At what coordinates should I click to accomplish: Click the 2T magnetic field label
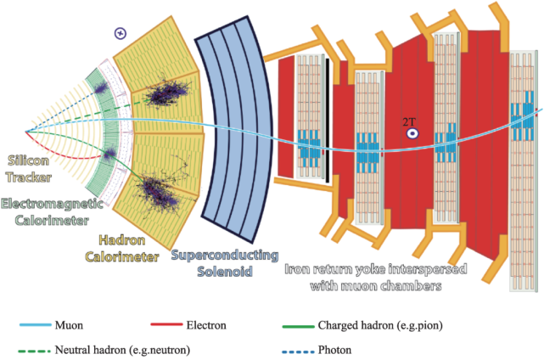click(409, 122)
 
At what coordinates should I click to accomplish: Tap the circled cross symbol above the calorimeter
click(121, 33)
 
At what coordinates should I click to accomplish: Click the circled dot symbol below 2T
click(412, 133)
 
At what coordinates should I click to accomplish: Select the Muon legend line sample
click(36, 325)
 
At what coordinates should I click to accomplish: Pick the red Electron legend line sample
click(166, 324)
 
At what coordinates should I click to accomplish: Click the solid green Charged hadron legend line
click(299, 326)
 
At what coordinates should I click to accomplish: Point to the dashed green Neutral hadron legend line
click(34, 351)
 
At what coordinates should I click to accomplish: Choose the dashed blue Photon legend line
click(299, 352)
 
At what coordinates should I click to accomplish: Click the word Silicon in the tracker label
click(29, 160)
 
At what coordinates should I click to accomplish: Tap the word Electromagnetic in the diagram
click(52, 204)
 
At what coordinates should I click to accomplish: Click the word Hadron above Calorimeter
click(122, 240)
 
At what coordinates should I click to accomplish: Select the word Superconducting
click(225, 256)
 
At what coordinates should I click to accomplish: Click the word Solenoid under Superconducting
click(225, 271)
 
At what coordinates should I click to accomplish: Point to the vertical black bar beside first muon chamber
click(328, 121)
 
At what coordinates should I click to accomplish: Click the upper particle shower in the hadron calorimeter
click(166, 91)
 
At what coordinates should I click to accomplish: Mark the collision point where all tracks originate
click(25, 132)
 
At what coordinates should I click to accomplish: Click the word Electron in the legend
click(206, 325)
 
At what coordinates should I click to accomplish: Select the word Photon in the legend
click(334, 350)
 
